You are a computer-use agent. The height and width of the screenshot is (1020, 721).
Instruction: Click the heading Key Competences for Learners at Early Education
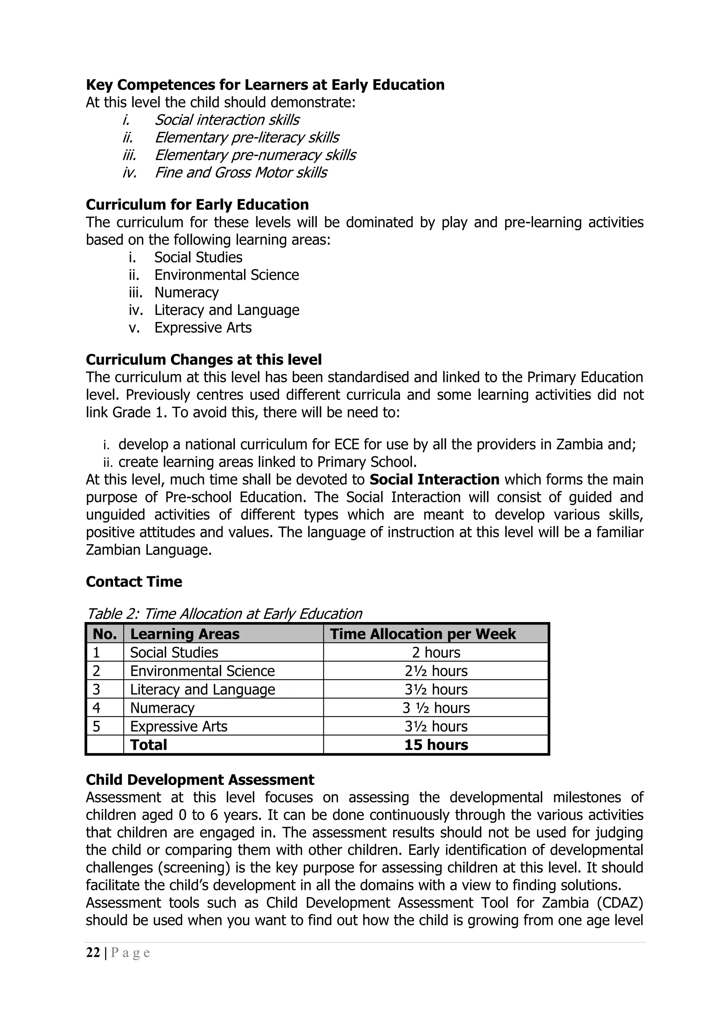(265, 85)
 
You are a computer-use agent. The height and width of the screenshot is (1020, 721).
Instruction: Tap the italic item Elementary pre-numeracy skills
(255, 155)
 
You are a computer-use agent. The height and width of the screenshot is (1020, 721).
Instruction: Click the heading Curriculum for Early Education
(197, 204)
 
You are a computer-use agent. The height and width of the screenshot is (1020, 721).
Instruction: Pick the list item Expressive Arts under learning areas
(202, 328)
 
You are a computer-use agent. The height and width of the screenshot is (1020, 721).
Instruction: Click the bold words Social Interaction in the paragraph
(434, 479)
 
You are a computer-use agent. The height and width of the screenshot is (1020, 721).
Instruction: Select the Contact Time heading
(134, 581)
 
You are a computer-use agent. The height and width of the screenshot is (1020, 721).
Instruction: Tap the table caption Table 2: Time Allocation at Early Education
(224, 614)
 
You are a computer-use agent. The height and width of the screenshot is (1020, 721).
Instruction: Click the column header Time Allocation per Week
(423, 634)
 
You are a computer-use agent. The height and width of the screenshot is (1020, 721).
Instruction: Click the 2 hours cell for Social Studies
(435, 652)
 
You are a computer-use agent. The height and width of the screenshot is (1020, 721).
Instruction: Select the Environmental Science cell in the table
(202, 671)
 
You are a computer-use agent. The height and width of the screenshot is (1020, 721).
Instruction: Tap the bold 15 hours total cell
(435, 745)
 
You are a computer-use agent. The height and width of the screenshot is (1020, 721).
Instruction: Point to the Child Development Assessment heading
(200, 780)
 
